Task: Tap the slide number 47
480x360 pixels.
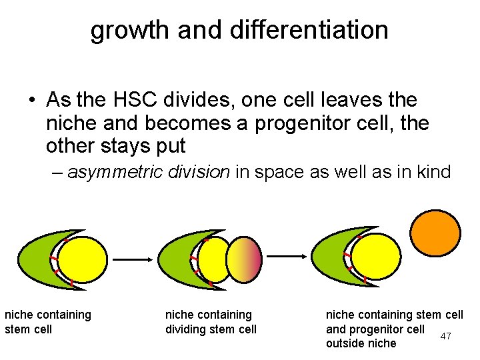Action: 445,336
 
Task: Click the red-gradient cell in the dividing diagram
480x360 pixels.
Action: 245,259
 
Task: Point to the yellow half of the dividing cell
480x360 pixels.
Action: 213,259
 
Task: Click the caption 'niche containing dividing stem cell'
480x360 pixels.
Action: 210,322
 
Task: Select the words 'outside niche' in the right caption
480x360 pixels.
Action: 361,343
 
